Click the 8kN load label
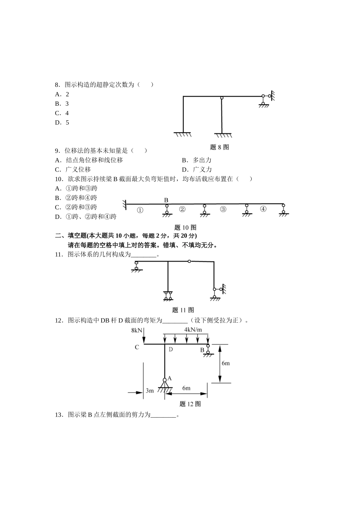[x=136, y=330]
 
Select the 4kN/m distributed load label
[x=193, y=329]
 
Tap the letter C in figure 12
[x=137, y=347]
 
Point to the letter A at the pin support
[x=169, y=378]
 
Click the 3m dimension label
[x=150, y=390]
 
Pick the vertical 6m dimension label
[x=225, y=363]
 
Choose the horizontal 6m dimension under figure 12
[x=186, y=388]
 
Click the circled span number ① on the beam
[x=140, y=210]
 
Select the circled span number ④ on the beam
[x=263, y=209]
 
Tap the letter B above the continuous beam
[x=166, y=200]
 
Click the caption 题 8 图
[x=219, y=147]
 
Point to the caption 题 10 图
[x=185, y=227]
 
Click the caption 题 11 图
[x=183, y=310]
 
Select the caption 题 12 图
[x=190, y=404]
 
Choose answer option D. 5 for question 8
[x=62, y=123]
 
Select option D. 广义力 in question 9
[x=197, y=170]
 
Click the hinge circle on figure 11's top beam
[x=189, y=261]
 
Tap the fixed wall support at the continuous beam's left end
[x=124, y=205]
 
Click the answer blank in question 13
[x=163, y=415]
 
